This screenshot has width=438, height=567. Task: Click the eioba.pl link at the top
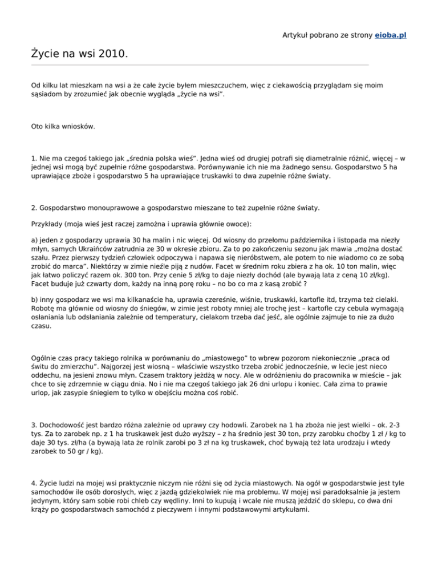[391, 35]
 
